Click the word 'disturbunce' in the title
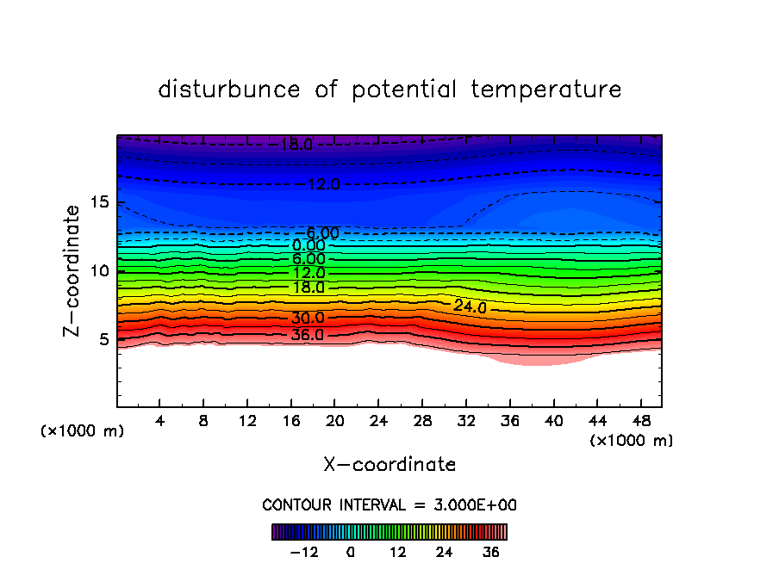point(229,90)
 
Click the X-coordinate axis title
point(389,465)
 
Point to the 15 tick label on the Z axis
point(100,202)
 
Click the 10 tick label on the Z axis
point(100,271)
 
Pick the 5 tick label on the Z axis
point(104,339)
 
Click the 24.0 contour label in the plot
point(471,307)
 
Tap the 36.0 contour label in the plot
point(308,334)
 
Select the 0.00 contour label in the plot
point(308,245)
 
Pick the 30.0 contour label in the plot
point(308,318)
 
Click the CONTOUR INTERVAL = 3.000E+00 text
point(389,505)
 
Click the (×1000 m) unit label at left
point(83,431)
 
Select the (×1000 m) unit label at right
point(632,441)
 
